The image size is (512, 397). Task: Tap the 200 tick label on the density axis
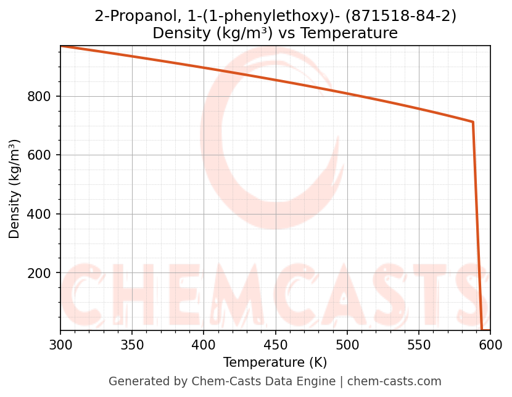coord(39,273)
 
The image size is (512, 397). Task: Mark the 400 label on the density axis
coord(39,215)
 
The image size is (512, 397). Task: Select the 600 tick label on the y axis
coord(39,155)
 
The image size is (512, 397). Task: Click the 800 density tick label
coord(39,97)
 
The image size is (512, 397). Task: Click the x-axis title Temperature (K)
coord(275,362)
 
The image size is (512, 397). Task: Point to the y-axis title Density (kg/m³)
coord(15,189)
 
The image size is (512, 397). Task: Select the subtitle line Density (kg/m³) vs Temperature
coord(275,33)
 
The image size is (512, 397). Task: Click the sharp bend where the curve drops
coord(473,122)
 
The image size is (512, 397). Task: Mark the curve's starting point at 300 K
coord(61,46)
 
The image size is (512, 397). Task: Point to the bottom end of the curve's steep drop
coord(482,330)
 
